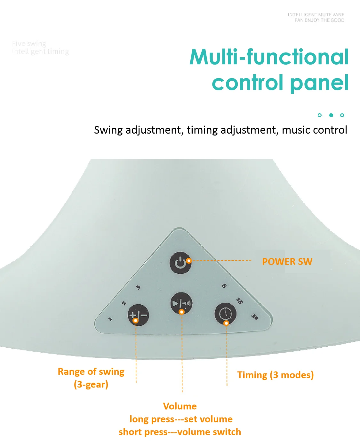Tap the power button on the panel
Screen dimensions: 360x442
tap(180, 263)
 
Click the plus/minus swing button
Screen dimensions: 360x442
tap(139, 315)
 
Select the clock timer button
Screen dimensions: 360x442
tap(225, 314)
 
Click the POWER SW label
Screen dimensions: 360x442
tap(287, 262)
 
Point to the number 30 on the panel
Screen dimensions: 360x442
tap(255, 317)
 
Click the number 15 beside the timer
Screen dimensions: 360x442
tap(239, 300)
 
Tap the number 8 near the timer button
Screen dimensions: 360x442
tap(224, 285)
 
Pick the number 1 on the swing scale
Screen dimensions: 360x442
tap(110, 319)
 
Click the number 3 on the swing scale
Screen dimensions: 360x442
tap(138, 287)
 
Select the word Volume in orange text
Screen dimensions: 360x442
tap(180, 406)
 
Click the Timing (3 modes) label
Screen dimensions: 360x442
tap(275, 375)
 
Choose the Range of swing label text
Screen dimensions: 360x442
tap(91, 372)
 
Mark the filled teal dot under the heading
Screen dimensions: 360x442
tap(331, 115)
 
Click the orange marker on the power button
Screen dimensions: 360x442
tap(189, 261)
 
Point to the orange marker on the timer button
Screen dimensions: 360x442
tap(226, 323)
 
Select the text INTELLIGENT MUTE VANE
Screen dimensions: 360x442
tap(316, 15)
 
